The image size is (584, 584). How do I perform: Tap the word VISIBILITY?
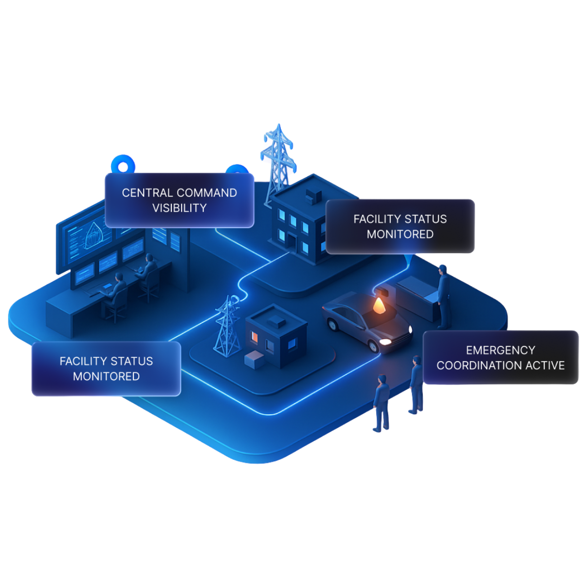tap(180, 208)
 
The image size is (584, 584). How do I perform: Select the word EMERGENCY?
tap(500, 350)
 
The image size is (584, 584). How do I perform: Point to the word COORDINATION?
tap(479, 365)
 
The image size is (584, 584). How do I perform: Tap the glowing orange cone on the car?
tap(379, 306)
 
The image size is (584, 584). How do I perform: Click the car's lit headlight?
tap(385, 342)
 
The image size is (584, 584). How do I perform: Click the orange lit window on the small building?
tap(255, 336)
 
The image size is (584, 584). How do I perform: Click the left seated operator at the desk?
tap(116, 292)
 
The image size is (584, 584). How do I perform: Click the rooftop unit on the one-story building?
tap(276, 320)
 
